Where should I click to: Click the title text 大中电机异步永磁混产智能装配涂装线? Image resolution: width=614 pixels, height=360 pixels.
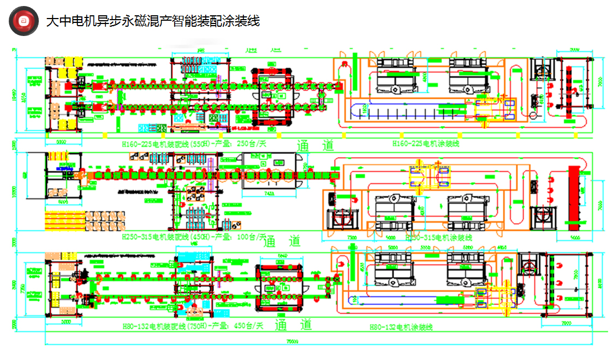tap(152, 21)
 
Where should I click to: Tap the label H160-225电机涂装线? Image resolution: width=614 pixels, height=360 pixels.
tap(426, 145)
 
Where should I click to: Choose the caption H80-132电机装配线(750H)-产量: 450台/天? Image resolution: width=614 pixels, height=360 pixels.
tap(193, 326)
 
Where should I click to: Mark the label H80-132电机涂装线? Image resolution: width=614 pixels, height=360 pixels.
tap(401, 327)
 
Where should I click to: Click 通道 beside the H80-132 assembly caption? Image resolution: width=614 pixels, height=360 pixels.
tap(294, 326)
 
